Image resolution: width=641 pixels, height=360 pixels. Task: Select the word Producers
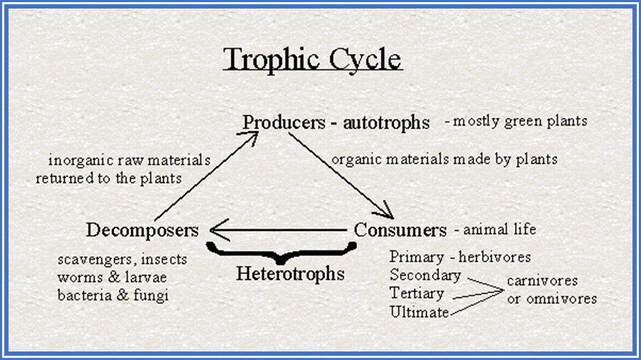pos(284,122)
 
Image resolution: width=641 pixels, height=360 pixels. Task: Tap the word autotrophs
pos(386,123)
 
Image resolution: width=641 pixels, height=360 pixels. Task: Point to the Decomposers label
pos(142,230)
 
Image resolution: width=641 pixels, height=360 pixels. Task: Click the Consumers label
pos(400,230)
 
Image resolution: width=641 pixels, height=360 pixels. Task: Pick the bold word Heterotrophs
pos(290,273)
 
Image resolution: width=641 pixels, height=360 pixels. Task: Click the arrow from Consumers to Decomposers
pos(278,230)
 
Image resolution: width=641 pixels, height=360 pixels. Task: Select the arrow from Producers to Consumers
pos(341,176)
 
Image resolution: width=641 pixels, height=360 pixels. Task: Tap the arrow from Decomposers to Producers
pos(207,176)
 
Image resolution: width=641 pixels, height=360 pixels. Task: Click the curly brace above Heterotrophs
pos(281,252)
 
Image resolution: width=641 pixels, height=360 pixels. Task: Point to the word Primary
pos(417,257)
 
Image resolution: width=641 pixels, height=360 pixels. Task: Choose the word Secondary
pos(425,276)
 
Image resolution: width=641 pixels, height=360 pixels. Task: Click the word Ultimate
pos(420,312)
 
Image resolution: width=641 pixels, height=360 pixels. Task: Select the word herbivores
pos(495,257)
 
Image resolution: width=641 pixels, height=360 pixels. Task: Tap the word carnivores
pos(542,281)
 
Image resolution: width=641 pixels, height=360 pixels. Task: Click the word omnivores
pos(561,299)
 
